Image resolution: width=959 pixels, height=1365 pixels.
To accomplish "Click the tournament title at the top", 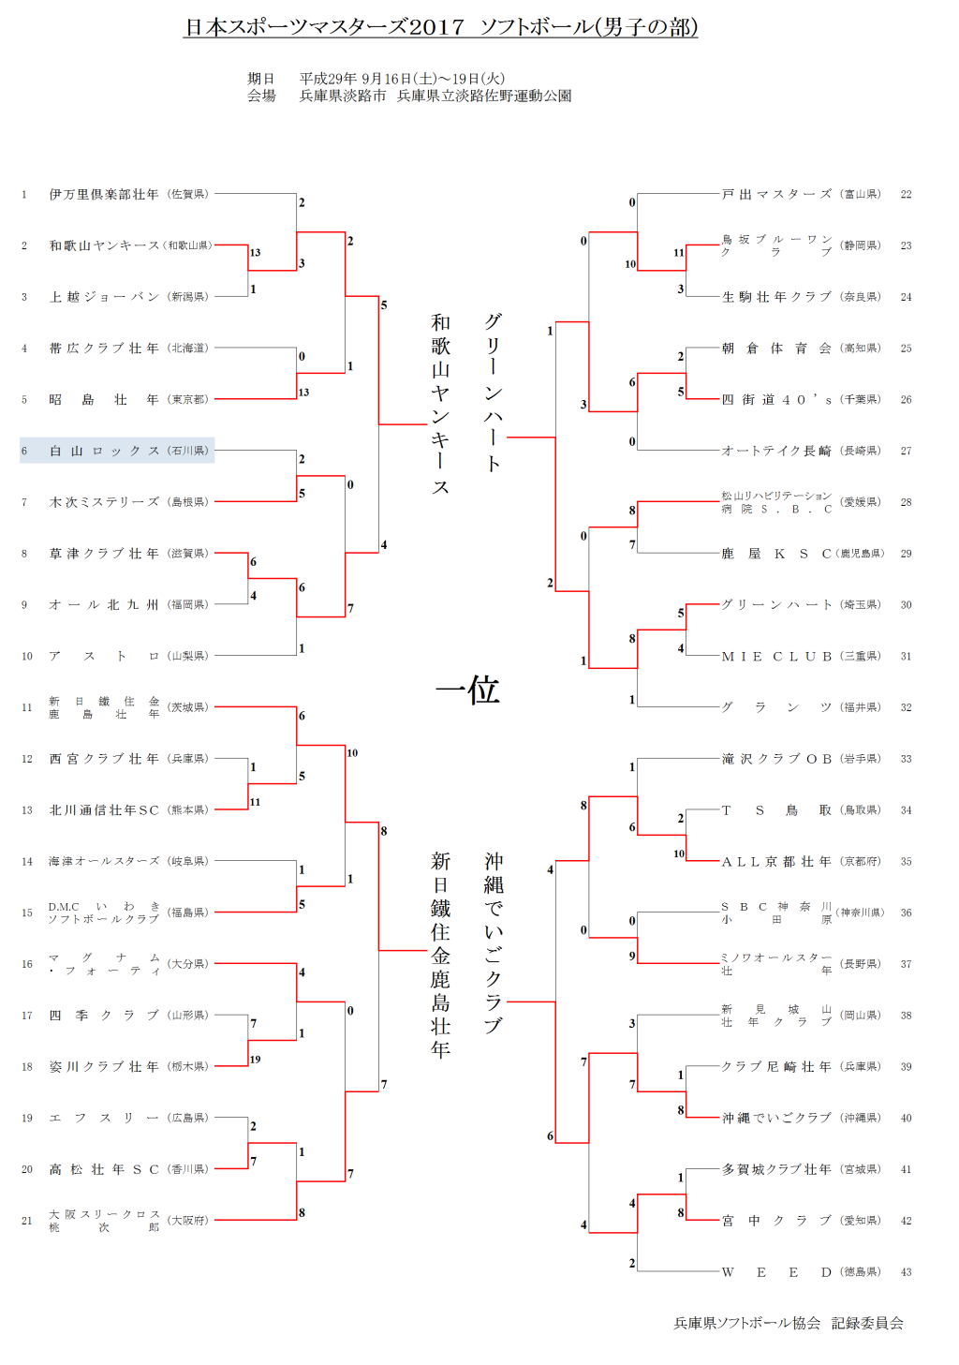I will (x=441, y=27).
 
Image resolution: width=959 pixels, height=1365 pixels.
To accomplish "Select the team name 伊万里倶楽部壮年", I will (x=104, y=195).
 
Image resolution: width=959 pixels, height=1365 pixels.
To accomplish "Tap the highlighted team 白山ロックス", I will (x=104, y=451).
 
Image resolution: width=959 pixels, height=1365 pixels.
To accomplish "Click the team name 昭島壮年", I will (x=104, y=400).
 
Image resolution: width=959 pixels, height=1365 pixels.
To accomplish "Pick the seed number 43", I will (x=906, y=1272).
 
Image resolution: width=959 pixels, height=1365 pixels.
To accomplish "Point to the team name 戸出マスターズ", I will (x=776, y=195).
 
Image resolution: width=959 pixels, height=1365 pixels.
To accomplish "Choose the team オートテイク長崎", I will (x=776, y=451).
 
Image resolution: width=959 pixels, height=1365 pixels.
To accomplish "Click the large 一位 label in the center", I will (x=467, y=690).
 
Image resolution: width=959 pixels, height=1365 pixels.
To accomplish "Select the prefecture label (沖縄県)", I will (x=861, y=1119).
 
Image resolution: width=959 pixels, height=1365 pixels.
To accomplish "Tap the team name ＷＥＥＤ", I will (x=776, y=1272).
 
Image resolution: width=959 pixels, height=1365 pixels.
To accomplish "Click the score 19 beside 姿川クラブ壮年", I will (x=255, y=1060).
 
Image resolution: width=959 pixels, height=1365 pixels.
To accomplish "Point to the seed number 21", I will (x=27, y=1221).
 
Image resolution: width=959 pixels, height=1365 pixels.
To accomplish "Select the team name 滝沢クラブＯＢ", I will (x=776, y=759).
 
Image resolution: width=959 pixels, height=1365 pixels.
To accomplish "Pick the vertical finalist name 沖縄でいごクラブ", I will (x=494, y=942).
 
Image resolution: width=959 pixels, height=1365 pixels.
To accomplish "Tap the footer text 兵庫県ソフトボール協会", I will (x=746, y=1323).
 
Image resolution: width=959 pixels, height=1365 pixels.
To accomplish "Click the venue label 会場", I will (x=261, y=96).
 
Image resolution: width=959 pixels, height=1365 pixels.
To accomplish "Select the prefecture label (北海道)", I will (x=188, y=349).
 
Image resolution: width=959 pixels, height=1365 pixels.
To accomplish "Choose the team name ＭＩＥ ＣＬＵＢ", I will (x=776, y=657).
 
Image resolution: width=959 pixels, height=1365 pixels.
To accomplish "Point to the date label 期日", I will (x=261, y=79).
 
